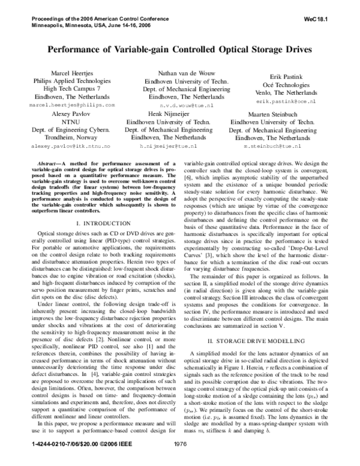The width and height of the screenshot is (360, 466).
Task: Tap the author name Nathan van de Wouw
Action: (180, 71)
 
